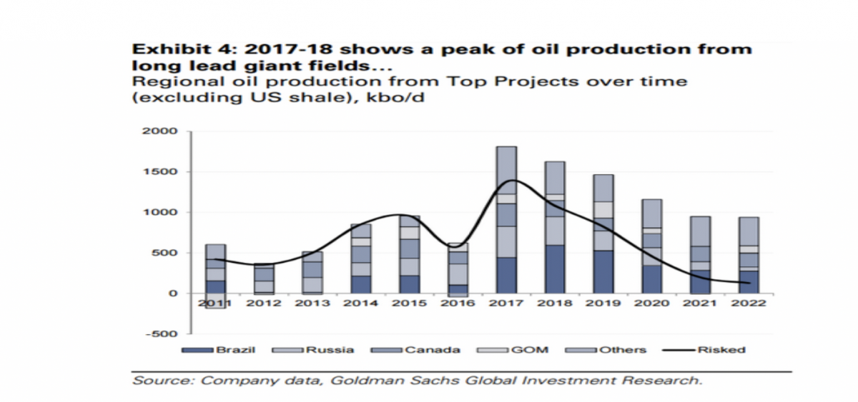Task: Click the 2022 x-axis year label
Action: click(748, 302)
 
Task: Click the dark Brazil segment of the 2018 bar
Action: click(554, 269)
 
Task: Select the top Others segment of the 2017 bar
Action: click(507, 170)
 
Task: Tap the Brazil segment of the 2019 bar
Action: click(603, 271)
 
